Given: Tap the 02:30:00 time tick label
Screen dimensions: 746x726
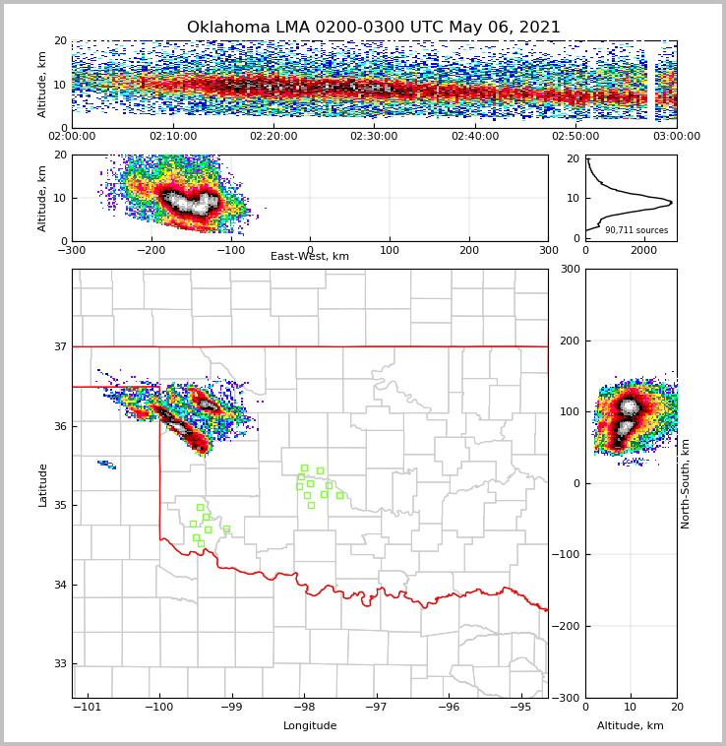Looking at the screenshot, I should (x=374, y=137).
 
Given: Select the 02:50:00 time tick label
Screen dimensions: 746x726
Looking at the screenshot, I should (x=575, y=137).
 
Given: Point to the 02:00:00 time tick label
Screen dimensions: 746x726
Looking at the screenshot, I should (x=73, y=137).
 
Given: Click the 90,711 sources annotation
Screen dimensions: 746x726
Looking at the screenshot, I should (x=636, y=230).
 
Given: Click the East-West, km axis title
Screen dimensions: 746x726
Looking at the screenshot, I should (x=310, y=257).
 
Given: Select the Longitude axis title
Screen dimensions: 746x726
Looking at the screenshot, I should (x=310, y=726).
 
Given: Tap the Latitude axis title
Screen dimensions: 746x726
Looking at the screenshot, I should (x=43, y=484).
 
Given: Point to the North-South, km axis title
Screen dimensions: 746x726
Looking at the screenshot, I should (x=686, y=483).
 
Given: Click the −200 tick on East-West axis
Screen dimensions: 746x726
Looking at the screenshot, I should (x=151, y=250).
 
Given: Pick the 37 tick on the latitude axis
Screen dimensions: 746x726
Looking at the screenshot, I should (x=59, y=346).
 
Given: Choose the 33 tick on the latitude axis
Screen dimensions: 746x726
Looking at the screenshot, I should (x=59, y=663).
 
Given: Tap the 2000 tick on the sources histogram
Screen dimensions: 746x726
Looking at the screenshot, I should (x=643, y=251).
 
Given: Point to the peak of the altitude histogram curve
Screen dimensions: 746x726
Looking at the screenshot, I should (x=671, y=203).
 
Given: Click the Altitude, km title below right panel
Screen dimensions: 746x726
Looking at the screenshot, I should (x=631, y=726).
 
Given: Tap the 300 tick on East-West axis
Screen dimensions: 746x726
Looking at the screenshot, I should (x=548, y=250).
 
